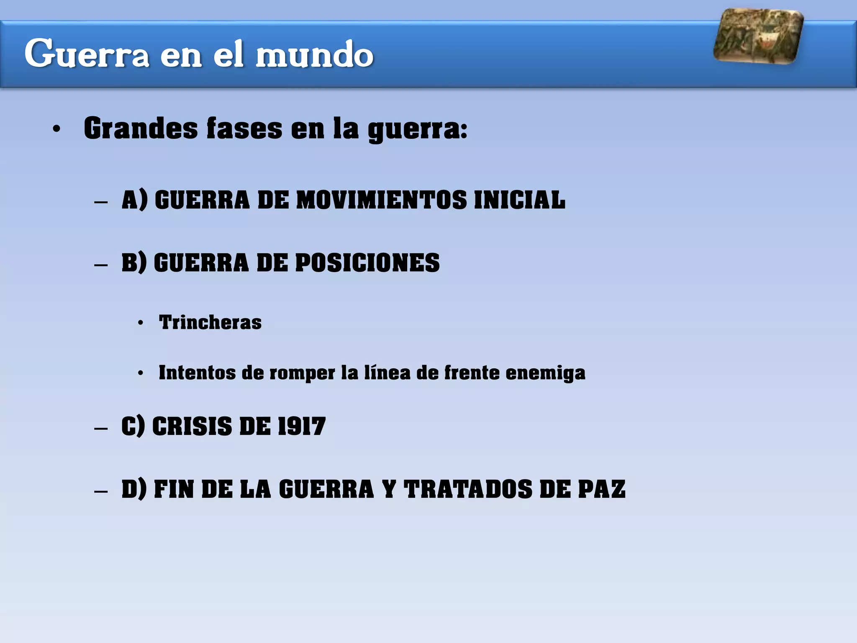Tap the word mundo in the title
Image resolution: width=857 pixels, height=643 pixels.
pos(314,54)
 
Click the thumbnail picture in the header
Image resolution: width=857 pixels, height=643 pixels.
pos(758,36)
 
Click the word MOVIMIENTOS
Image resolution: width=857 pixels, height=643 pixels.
pos(381,200)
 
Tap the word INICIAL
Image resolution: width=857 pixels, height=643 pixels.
pos(520,200)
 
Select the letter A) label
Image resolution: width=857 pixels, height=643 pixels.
pos(134,200)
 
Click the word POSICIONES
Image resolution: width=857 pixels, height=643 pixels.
pos(367,263)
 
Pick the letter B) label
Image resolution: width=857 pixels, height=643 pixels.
pos(134,263)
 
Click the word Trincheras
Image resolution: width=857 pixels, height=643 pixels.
pos(210,322)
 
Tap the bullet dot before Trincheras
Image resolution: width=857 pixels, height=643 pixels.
pos(141,323)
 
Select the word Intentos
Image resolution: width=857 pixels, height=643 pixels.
pos(197,373)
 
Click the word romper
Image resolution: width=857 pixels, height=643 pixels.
pos(302,373)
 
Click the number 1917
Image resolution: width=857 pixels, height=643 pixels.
pos(302,427)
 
